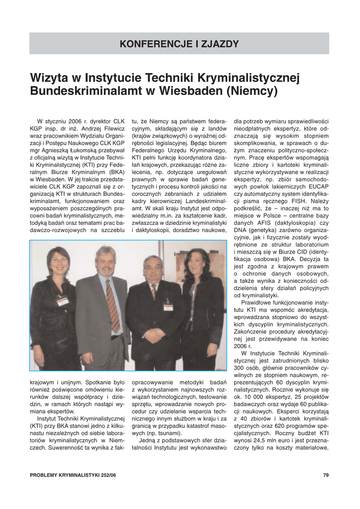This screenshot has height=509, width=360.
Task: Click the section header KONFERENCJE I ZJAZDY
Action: click(179, 44)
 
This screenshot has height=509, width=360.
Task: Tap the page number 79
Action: click(326, 475)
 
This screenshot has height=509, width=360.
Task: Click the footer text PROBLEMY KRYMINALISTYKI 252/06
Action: click(73, 475)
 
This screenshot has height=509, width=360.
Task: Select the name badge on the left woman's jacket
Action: click(63, 301)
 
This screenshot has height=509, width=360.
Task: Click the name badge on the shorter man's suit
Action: click(168, 307)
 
